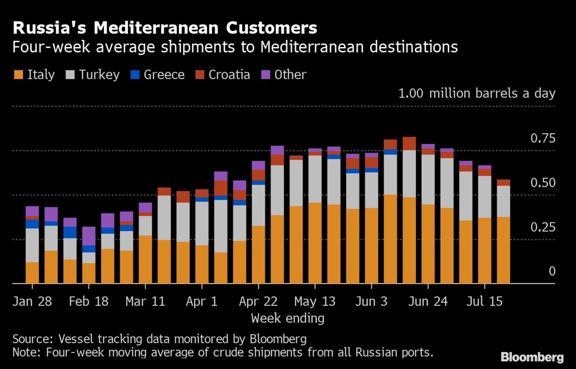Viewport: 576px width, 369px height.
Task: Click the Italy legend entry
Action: pyautogui.click(x=34, y=75)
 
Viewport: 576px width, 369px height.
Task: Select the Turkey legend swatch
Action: pyautogui.click(x=70, y=75)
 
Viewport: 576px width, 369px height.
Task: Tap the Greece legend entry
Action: pyautogui.click(x=157, y=75)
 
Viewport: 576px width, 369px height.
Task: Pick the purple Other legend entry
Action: pyautogui.click(x=283, y=75)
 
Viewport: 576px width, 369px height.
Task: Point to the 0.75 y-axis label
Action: pyautogui.click(x=543, y=138)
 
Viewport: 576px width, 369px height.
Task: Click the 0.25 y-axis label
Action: pyautogui.click(x=543, y=227)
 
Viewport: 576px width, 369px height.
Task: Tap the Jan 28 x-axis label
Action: pyautogui.click(x=32, y=301)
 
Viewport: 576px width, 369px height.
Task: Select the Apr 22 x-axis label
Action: pyautogui.click(x=258, y=301)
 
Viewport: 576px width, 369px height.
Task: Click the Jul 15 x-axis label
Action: pyautogui.click(x=484, y=301)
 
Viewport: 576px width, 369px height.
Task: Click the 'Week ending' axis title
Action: pyautogui.click(x=288, y=318)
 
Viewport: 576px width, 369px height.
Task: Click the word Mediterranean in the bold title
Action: pyautogui.click(x=156, y=28)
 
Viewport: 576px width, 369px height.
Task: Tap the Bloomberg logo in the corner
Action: pyautogui.click(x=532, y=357)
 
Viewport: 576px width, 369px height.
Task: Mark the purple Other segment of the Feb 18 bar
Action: pyautogui.click(x=89, y=236)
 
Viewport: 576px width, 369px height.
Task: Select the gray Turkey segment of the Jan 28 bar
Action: pyautogui.click(x=32, y=245)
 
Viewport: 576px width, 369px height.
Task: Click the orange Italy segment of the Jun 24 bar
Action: pyautogui.click(x=428, y=244)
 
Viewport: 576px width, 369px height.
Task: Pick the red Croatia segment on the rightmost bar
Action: pyautogui.click(x=503, y=183)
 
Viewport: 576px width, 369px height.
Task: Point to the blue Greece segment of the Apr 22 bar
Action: pyautogui.click(x=258, y=183)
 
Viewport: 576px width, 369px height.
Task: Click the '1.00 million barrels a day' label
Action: pyautogui.click(x=477, y=93)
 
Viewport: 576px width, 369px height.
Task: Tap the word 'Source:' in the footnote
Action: pyautogui.click(x=33, y=339)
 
